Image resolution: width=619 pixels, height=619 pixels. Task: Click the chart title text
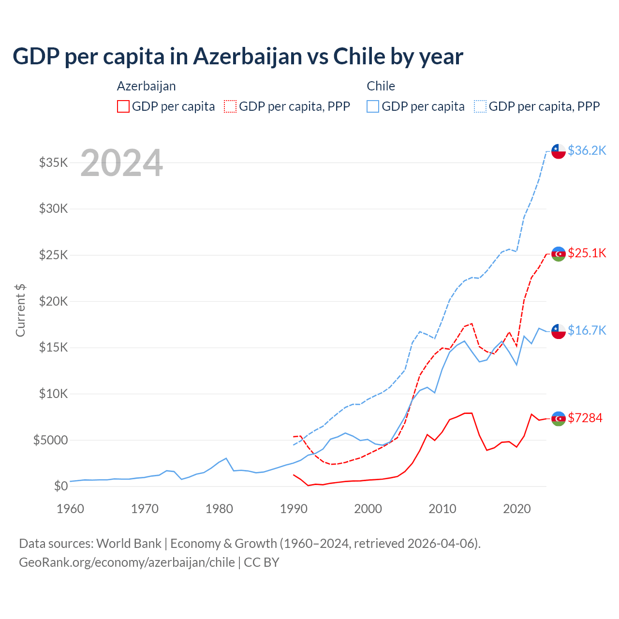click(238, 57)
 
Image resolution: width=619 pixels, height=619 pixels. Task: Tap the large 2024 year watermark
click(121, 163)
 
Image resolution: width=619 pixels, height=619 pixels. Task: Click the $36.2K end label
click(587, 150)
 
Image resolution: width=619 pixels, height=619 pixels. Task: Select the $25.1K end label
click(587, 253)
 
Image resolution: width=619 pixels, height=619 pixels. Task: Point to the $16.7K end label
click(587, 330)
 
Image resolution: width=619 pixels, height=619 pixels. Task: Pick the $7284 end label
click(585, 418)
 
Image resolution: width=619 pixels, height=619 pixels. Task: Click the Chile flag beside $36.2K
click(559, 151)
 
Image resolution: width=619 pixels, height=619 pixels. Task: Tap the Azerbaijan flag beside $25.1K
click(559, 254)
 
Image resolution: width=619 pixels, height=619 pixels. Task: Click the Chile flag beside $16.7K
click(559, 331)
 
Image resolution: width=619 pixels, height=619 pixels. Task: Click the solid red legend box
click(123, 106)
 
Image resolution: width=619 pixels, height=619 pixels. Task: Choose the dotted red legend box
click(230, 106)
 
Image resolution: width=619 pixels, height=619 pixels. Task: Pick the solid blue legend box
click(373, 106)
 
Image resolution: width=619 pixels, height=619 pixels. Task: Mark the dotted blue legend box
click(480, 106)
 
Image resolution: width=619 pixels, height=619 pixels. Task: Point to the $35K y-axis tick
click(54, 162)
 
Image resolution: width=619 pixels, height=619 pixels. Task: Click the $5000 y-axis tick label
click(51, 440)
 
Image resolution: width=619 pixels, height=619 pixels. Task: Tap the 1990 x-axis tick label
click(294, 509)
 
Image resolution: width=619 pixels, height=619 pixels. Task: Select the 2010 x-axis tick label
click(442, 509)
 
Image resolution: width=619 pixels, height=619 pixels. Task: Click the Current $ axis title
click(20, 310)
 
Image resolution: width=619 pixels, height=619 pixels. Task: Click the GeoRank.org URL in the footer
click(127, 562)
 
